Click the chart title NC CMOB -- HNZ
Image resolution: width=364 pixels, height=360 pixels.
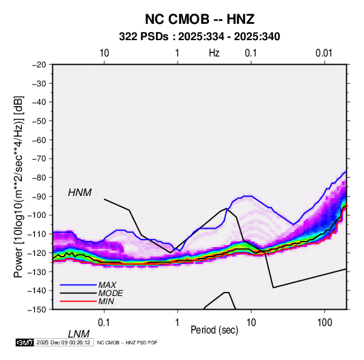click(199, 19)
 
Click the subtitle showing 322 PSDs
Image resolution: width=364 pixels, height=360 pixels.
click(199, 37)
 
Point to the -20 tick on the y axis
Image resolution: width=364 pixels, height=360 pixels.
click(39, 65)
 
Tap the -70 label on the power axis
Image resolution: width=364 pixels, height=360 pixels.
click(39, 159)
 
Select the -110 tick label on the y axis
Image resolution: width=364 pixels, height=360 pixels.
click(37, 234)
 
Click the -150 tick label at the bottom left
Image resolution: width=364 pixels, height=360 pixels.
click(37, 310)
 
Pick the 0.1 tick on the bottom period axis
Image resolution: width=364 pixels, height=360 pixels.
click(104, 323)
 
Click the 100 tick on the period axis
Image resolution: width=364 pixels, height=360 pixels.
click(325, 323)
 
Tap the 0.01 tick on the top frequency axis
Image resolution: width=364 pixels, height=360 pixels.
click(324, 53)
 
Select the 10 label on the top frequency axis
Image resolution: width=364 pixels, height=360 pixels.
click(104, 53)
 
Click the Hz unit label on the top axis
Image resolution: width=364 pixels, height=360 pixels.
click(214, 53)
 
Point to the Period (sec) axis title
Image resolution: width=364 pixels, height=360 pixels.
click(214, 330)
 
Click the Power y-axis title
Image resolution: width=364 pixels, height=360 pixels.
click(18, 186)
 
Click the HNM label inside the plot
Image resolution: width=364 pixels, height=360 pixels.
click(80, 193)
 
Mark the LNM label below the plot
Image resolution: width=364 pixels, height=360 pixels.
click(78, 334)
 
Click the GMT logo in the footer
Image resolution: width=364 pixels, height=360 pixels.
click(24, 342)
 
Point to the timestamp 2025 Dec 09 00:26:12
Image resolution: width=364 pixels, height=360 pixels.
click(63, 342)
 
